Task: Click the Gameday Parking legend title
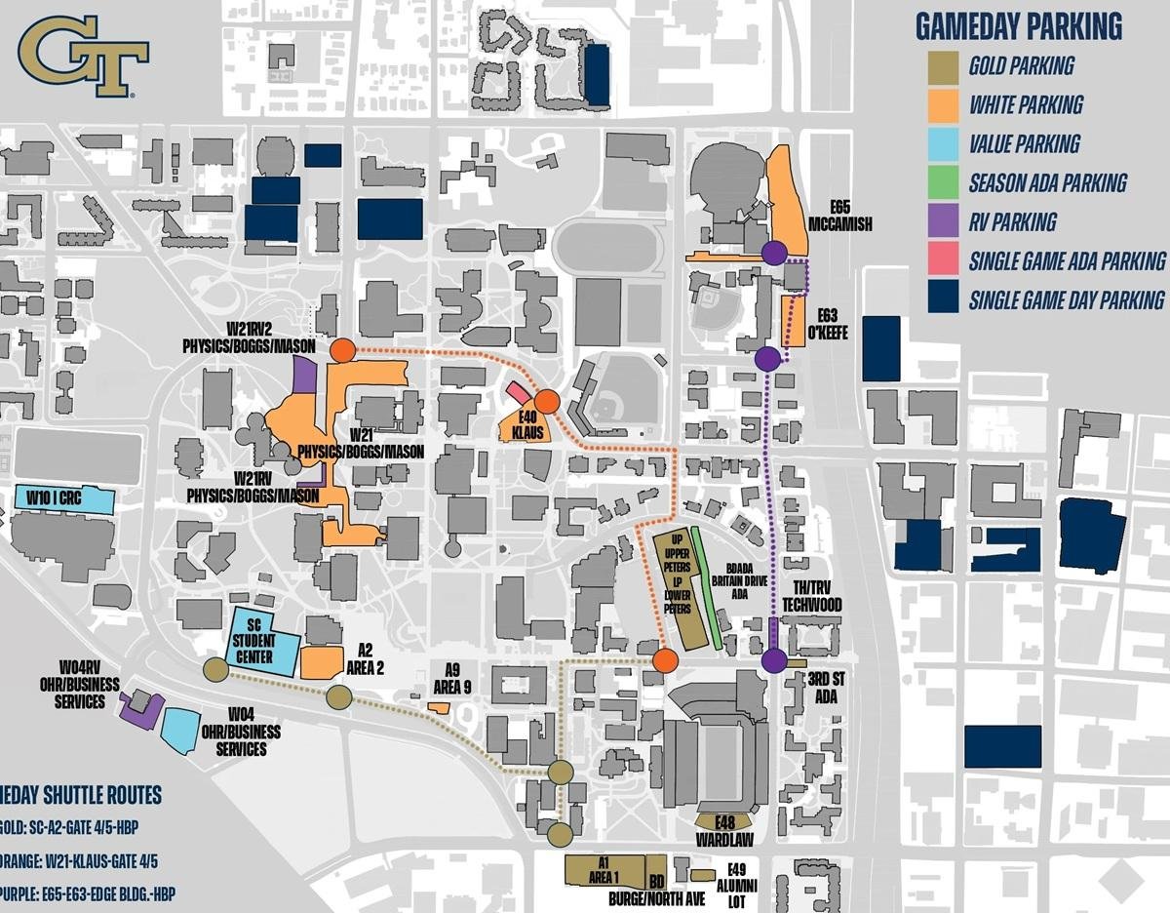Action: point(1018,26)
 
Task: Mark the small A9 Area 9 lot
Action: point(440,706)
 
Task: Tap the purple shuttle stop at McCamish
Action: point(774,253)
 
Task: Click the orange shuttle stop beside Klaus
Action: point(546,401)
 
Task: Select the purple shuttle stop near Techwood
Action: point(774,660)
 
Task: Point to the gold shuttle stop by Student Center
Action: point(215,669)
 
